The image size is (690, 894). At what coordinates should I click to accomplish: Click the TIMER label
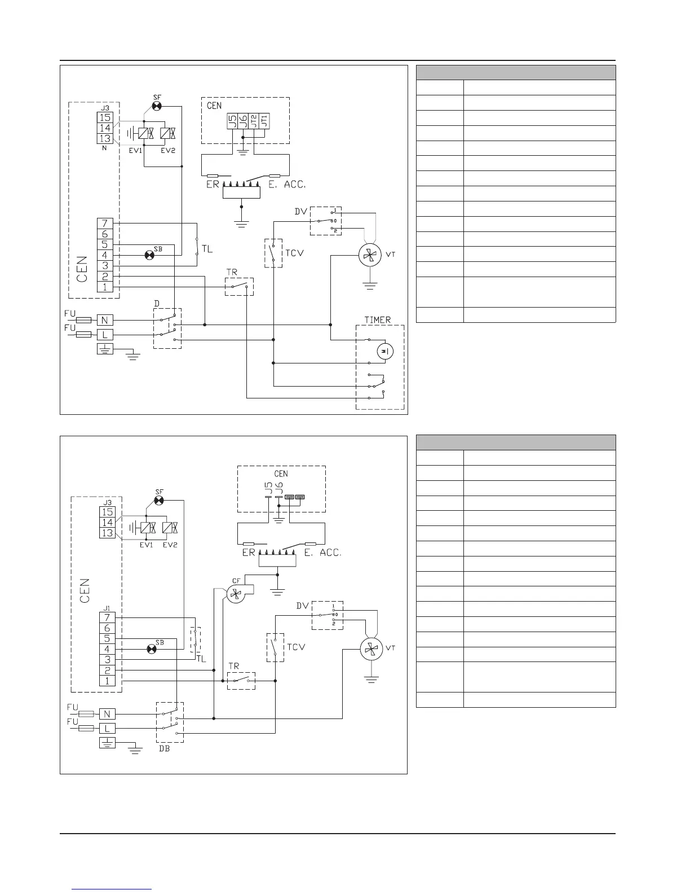[377, 319]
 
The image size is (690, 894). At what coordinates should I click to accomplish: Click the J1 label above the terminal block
[107, 608]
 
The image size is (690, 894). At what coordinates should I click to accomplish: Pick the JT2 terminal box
[254, 121]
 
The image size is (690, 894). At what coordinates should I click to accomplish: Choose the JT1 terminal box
[265, 121]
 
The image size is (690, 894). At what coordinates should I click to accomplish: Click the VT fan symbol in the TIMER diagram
[370, 256]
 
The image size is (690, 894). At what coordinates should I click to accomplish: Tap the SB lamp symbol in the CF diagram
[151, 649]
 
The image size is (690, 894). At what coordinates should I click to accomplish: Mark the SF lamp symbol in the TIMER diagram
[157, 106]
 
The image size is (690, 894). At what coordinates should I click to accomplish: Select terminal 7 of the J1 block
[107, 617]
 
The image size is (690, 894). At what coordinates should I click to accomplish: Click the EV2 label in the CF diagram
[170, 545]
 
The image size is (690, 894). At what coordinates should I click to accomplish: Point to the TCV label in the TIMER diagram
[294, 252]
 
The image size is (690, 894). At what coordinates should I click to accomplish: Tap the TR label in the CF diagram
[233, 666]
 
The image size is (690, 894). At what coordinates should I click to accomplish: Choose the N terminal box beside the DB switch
[107, 714]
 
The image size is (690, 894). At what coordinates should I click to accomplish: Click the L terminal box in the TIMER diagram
[105, 334]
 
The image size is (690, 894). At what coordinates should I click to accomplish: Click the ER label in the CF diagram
[249, 553]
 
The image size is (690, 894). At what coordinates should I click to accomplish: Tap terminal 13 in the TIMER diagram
[105, 138]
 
